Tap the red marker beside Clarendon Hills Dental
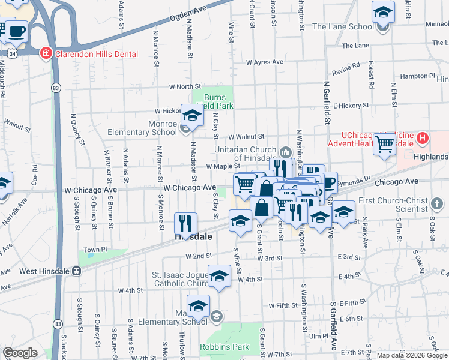click(46, 53)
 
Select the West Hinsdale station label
click(44, 271)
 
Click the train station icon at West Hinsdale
click(77, 271)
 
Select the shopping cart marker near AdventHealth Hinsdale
click(384, 143)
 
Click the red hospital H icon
click(423, 139)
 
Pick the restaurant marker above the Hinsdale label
click(185, 223)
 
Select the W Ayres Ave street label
click(265, 62)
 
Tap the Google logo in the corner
click(20, 353)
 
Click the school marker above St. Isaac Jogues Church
click(219, 275)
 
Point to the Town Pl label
click(95, 250)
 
